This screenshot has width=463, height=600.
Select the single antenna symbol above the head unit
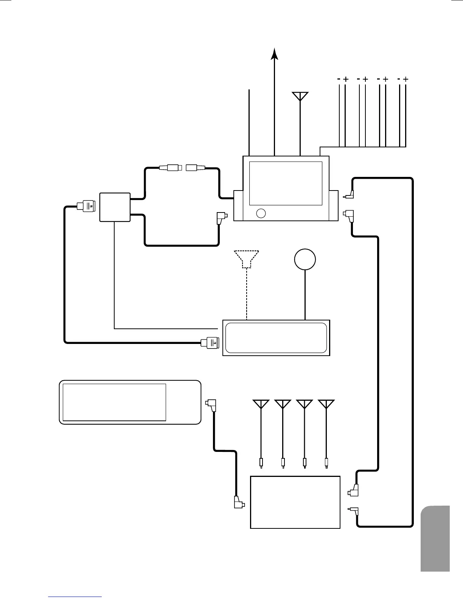point(300,96)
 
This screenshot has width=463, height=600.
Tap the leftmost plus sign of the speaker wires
point(345,80)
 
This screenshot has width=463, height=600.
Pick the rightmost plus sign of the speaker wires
point(406,80)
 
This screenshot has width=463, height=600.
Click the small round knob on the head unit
point(261,213)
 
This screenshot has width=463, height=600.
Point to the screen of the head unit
point(286,183)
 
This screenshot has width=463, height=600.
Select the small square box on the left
point(115,207)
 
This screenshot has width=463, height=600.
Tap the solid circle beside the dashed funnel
point(305,259)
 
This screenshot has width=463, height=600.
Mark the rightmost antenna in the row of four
point(326,404)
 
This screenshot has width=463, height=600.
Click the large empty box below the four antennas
point(295,502)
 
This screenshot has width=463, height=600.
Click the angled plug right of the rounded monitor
point(211,405)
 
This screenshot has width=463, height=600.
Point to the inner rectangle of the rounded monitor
point(114,402)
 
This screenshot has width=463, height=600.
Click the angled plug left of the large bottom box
point(239,503)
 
